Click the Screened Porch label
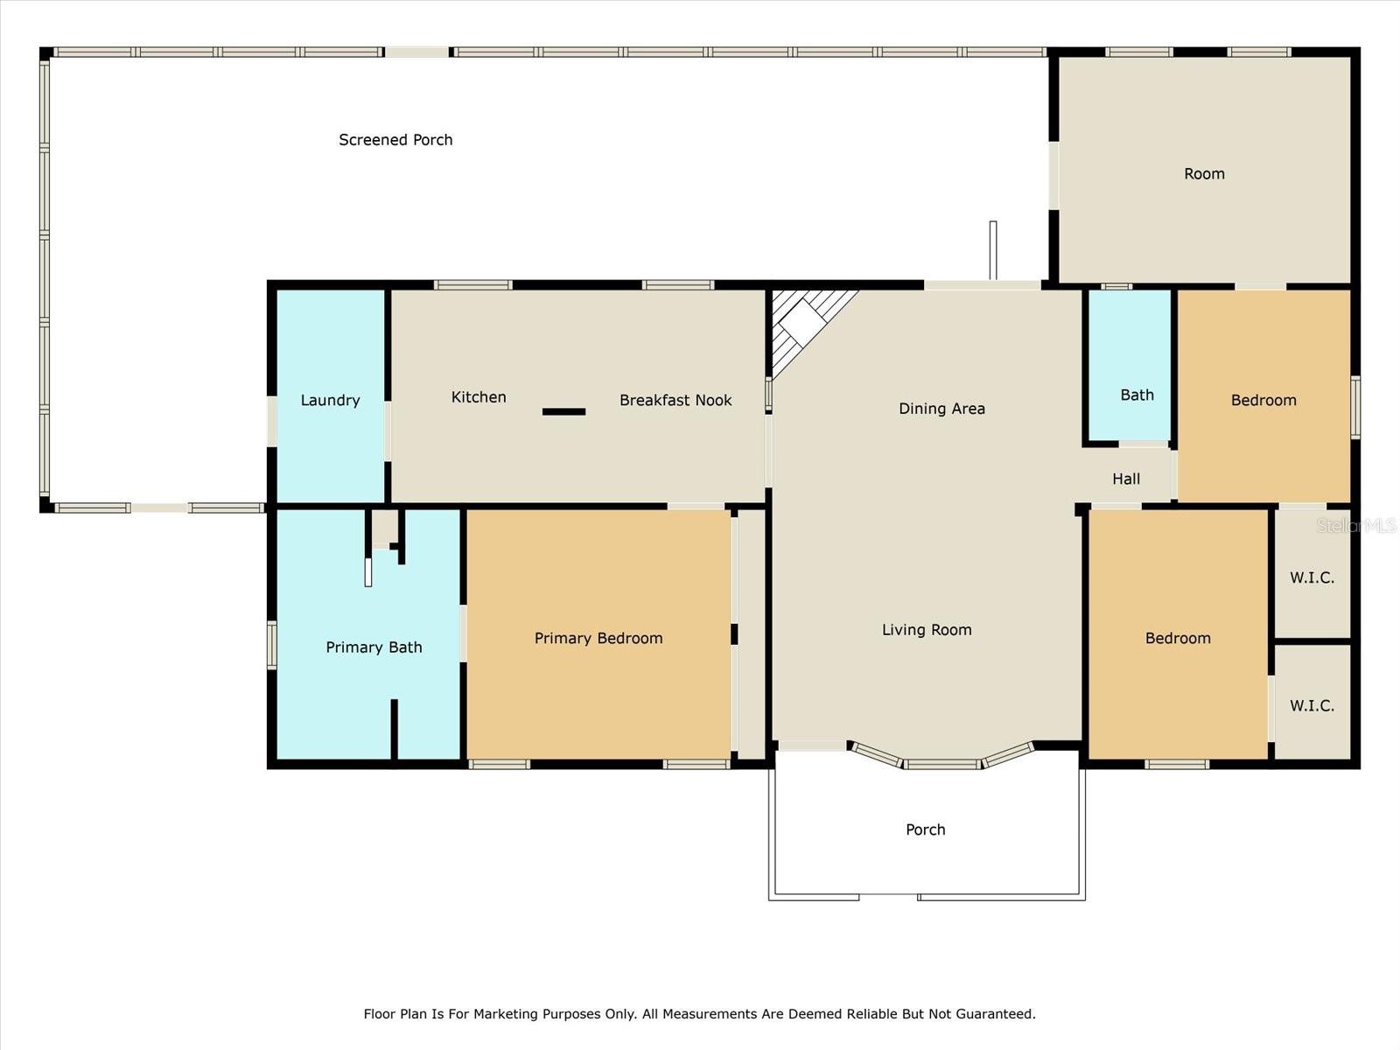[x=395, y=140]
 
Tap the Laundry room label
[x=331, y=401]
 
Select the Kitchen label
[x=479, y=397]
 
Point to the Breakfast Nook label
[x=675, y=401]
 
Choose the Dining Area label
[x=941, y=409]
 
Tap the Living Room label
[x=927, y=630]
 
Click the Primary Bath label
[x=374, y=647]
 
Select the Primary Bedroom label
[x=598, y=638]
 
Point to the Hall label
[x=1126, y=479]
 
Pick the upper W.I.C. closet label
[x=1312, y=577]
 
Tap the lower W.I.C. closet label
[x=1312, y=706]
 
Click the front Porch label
[x=926, y=829]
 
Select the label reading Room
[x=1204, y=174]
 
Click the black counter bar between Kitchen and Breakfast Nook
[x=563, y=412]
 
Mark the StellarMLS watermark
[x=1356, y=525]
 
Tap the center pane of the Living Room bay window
[x=941, y=765]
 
